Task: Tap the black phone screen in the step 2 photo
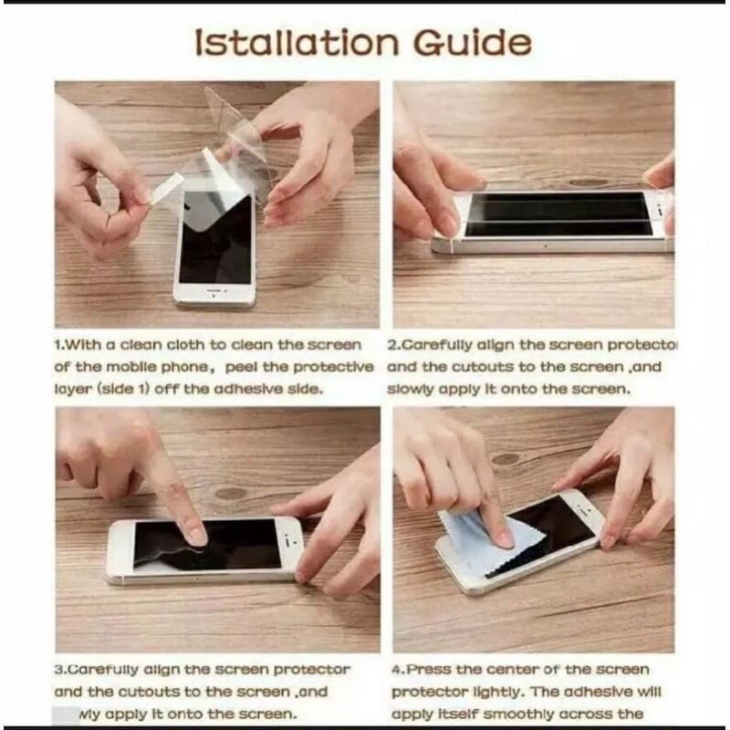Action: click(557, 214)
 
